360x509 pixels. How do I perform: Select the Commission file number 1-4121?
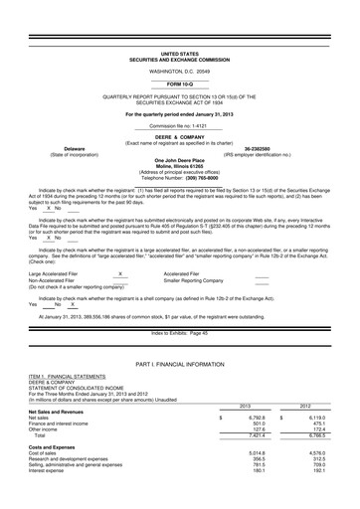click(x=179, y=126)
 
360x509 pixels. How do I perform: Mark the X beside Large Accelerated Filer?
click(x=119, y=271)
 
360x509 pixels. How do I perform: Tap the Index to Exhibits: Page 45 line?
click(x=179, y=333)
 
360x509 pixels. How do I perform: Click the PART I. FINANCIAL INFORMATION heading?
click(x=179, y=368)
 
